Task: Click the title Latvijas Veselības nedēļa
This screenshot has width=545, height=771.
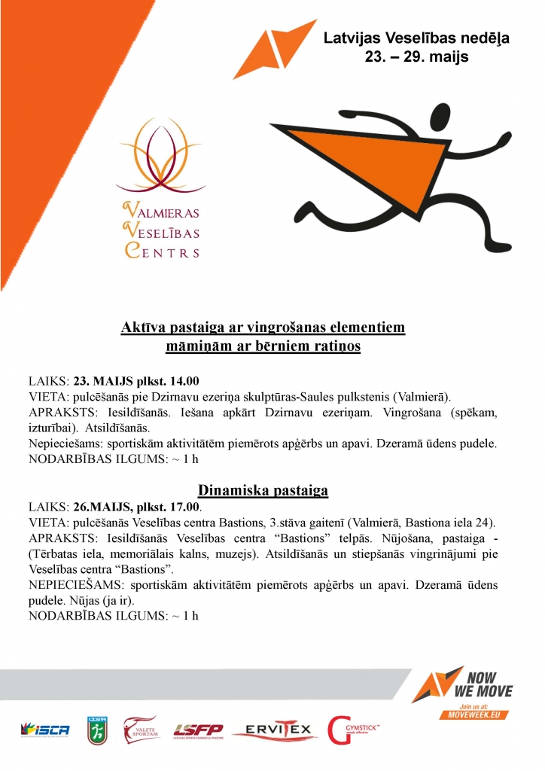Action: pyautogui.click(x=416, y=38)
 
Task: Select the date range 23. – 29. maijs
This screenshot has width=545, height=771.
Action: pyautogui.click(x=416, y=56)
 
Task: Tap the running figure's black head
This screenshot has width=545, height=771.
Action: pyautogui.click(x=441, y=115)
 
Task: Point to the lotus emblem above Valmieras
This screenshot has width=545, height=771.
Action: pyautogui.click(x=158, y=155)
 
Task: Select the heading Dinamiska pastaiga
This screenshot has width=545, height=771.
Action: pyautogui.click(x=263, y=491)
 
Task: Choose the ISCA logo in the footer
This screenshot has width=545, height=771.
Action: pyautogui.click(x=45, y=729)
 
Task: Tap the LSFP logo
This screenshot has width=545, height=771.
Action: pyautogui.click(x=197, y=729)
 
